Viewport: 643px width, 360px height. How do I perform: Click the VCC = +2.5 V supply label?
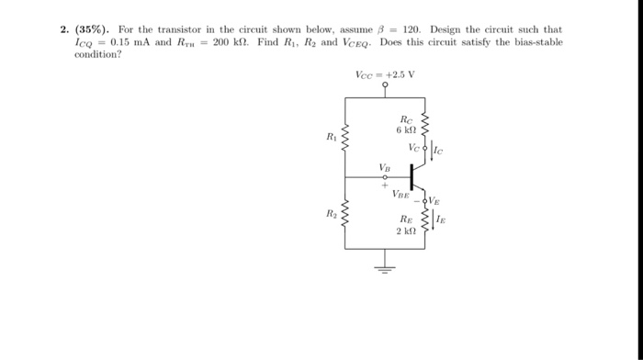click(385, 74)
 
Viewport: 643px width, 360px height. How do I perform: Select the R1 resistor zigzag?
click(345, 141)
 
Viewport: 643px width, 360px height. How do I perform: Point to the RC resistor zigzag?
click(424, 123)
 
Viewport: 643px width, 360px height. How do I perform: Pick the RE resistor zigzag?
click(424, 220)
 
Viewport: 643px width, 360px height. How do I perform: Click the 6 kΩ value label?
click(406, 130)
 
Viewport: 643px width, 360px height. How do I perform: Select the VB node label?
click(384, 167)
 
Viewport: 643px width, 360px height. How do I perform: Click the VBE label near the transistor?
click(401, 194)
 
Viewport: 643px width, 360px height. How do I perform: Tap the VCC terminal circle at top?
click(386, 86)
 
